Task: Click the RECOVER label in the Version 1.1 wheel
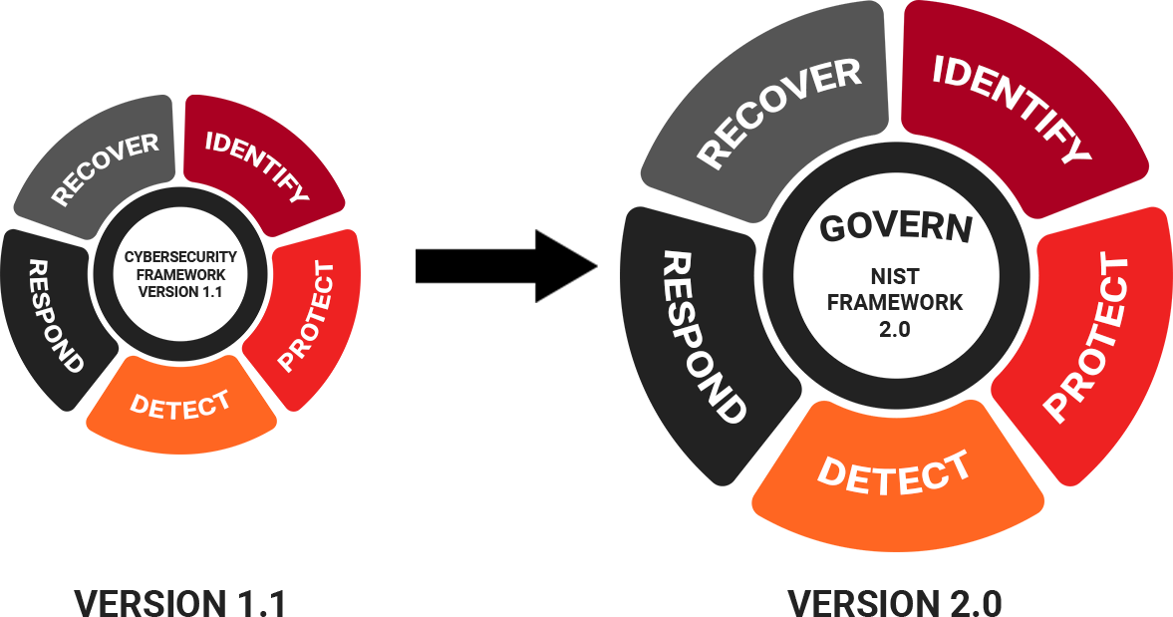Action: pyautogui.click(x=105, y=168)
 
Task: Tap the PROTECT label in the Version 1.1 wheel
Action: pyautogui.click(x=305, y=316)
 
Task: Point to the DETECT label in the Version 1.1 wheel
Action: pyautogui.click(x=180, y=405)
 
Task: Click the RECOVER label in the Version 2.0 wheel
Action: pyautogui.click(x=778, y=112)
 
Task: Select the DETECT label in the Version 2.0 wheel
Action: pyautogui.click(x=893, y=472)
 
